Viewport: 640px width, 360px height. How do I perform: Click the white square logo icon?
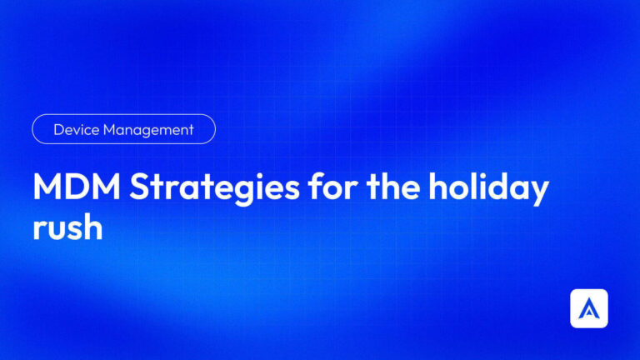click(588, 308)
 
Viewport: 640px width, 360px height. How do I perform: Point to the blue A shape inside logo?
click(588, 310)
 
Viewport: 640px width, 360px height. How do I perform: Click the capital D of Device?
click(58, 130)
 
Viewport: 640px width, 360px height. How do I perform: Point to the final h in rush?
click(93, 226)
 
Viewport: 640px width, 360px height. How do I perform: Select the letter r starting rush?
click(39, 229)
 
